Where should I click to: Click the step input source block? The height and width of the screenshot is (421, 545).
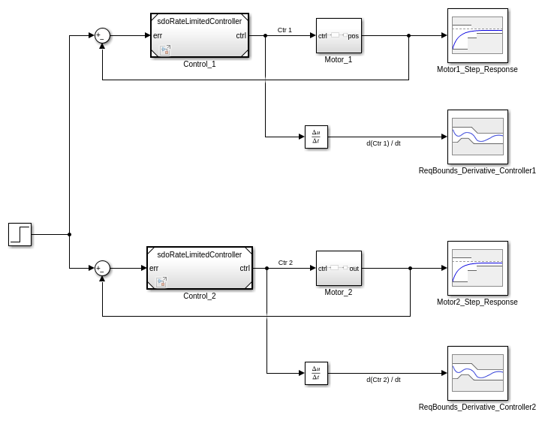coord(20,234)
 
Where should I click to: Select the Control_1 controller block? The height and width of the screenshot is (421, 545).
coord(199,35)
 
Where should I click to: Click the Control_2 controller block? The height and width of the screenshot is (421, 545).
coord(199,268)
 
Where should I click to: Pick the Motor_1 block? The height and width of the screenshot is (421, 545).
coord(339,35)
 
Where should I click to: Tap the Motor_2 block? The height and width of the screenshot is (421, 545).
coord(339,268)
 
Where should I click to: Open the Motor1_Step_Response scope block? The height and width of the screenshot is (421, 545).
coord(477,35)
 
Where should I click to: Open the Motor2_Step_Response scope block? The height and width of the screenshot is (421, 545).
coord(477,268)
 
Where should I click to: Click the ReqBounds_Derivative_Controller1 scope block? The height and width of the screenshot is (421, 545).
coord(477,137)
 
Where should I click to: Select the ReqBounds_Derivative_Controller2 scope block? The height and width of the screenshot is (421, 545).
coord(477,373)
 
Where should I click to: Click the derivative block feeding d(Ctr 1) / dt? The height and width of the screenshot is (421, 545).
coord(316,137)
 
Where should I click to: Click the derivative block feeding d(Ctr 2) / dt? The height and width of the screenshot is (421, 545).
coord(316,373)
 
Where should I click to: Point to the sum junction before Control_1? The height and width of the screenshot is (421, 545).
coord(102,35)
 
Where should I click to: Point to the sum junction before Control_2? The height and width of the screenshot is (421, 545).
coord(102,268)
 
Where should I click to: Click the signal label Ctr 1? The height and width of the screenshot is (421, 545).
coord(285,30)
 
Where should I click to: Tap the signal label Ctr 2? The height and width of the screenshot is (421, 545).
coord(285,263)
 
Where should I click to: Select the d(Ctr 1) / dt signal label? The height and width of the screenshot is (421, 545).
coord(383,143)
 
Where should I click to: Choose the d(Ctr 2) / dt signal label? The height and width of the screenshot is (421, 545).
coord(383,380)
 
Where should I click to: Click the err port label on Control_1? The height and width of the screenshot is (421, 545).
coord(158,35)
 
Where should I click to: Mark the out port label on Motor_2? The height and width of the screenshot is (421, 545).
coord(354,268)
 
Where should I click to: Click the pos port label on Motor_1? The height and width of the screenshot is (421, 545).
coord(354,35)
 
